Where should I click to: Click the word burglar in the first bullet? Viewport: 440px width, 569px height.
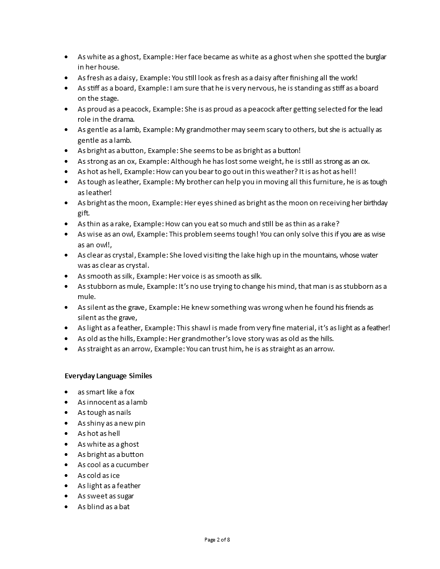pyautogui.click(x=374, y=57)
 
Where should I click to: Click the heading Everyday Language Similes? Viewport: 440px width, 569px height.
pyautogui.click(x=108, y=376)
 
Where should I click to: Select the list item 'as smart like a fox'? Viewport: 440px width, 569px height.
pyautogui.click(x=106, y=392)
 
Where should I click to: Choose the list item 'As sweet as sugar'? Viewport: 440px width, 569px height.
pyautogui.click(x=106, y=496)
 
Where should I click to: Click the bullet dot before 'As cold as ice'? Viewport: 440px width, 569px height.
pyautogui.click(x=66, y=476)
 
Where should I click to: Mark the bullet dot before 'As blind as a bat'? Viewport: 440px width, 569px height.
pyautogui.click(x=66, y=507)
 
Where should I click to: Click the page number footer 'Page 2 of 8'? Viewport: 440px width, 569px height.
pyautogui.click(x=220, y=539)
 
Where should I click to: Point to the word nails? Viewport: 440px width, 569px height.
pyautogui.click(x=123, y=413)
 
